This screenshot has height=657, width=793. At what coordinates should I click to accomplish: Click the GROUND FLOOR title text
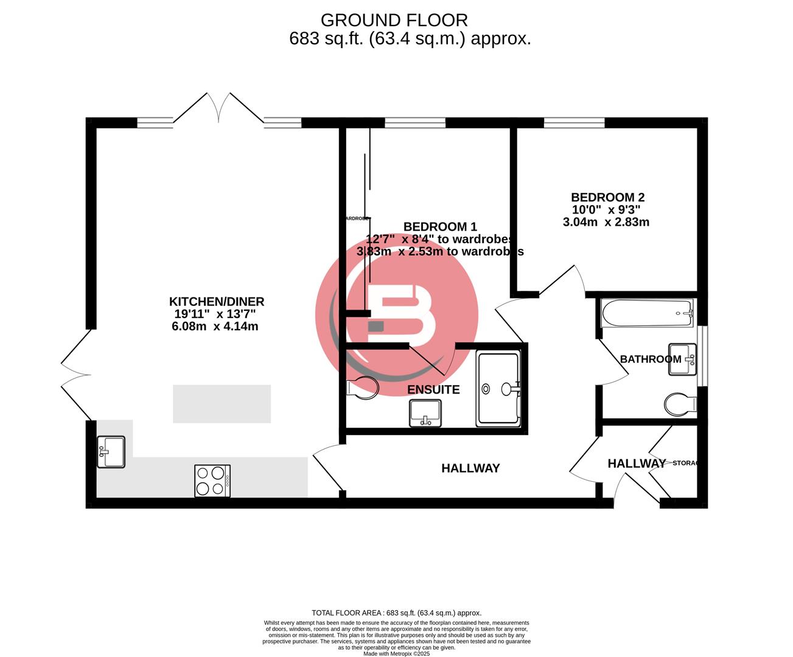point(394,20)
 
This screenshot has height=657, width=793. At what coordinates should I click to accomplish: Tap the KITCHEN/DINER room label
point(216,301)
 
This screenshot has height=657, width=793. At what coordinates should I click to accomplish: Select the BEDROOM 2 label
point(607,197)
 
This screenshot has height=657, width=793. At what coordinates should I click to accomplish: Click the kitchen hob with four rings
point(212,481)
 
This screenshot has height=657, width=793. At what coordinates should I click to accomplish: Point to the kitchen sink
point(111,452)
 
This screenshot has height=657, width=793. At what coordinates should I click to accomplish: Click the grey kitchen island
point(222,403)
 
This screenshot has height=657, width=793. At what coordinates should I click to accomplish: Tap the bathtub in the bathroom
point(648,313)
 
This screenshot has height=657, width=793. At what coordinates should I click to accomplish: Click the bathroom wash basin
point(683,360)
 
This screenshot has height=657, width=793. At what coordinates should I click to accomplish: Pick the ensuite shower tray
point(498,388)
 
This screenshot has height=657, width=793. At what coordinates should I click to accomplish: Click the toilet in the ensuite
point(363,388)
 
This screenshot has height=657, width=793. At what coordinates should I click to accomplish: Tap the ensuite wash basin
point(425,413)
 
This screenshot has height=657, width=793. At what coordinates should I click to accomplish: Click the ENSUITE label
point(433,390)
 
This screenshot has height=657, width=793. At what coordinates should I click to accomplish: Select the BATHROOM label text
point(650,359)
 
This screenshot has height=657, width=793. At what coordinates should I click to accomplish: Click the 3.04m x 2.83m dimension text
point(606,222)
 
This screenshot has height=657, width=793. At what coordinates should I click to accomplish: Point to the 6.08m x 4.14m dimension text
point(215,327)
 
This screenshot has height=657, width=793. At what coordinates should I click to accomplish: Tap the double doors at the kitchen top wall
point(218,109)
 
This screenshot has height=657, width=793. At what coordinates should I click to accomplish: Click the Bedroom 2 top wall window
point(574,123)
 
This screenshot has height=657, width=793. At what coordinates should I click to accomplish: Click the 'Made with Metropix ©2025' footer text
point(396,653)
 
